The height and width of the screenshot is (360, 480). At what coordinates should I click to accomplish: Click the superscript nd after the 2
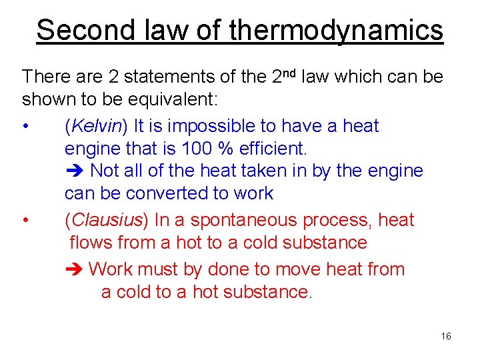(291, 72)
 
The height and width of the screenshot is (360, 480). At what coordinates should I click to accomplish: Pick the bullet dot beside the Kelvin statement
(25, 127)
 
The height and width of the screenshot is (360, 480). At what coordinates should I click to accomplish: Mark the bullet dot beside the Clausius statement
(25, 221)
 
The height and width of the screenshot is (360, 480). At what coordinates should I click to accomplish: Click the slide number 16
(446, 336)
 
